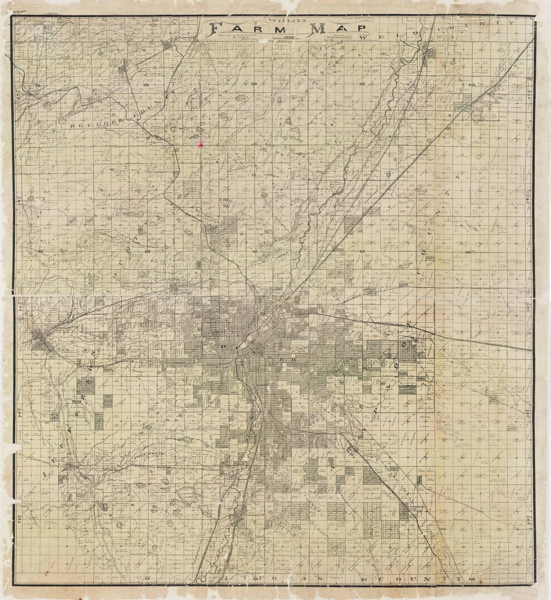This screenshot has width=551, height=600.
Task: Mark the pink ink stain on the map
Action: click(x=201, y=144)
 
